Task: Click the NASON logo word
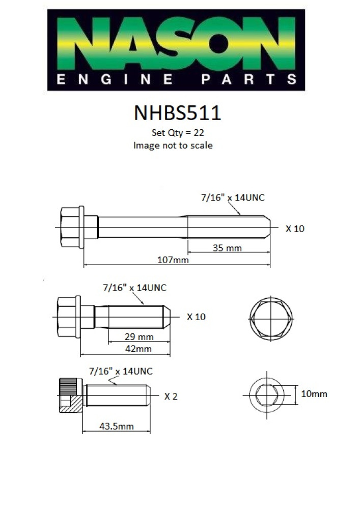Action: [176, 43]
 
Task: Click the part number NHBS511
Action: [178, 113]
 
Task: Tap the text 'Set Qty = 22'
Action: [178, 133]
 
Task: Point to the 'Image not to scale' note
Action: [173, 145]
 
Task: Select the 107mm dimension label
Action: [173, 260]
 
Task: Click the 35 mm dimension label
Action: [227, 248]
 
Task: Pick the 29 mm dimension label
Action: [139, 336]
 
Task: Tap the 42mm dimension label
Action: [139, 349]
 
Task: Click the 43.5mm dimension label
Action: [116, 426]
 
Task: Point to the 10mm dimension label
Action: [314, 394]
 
